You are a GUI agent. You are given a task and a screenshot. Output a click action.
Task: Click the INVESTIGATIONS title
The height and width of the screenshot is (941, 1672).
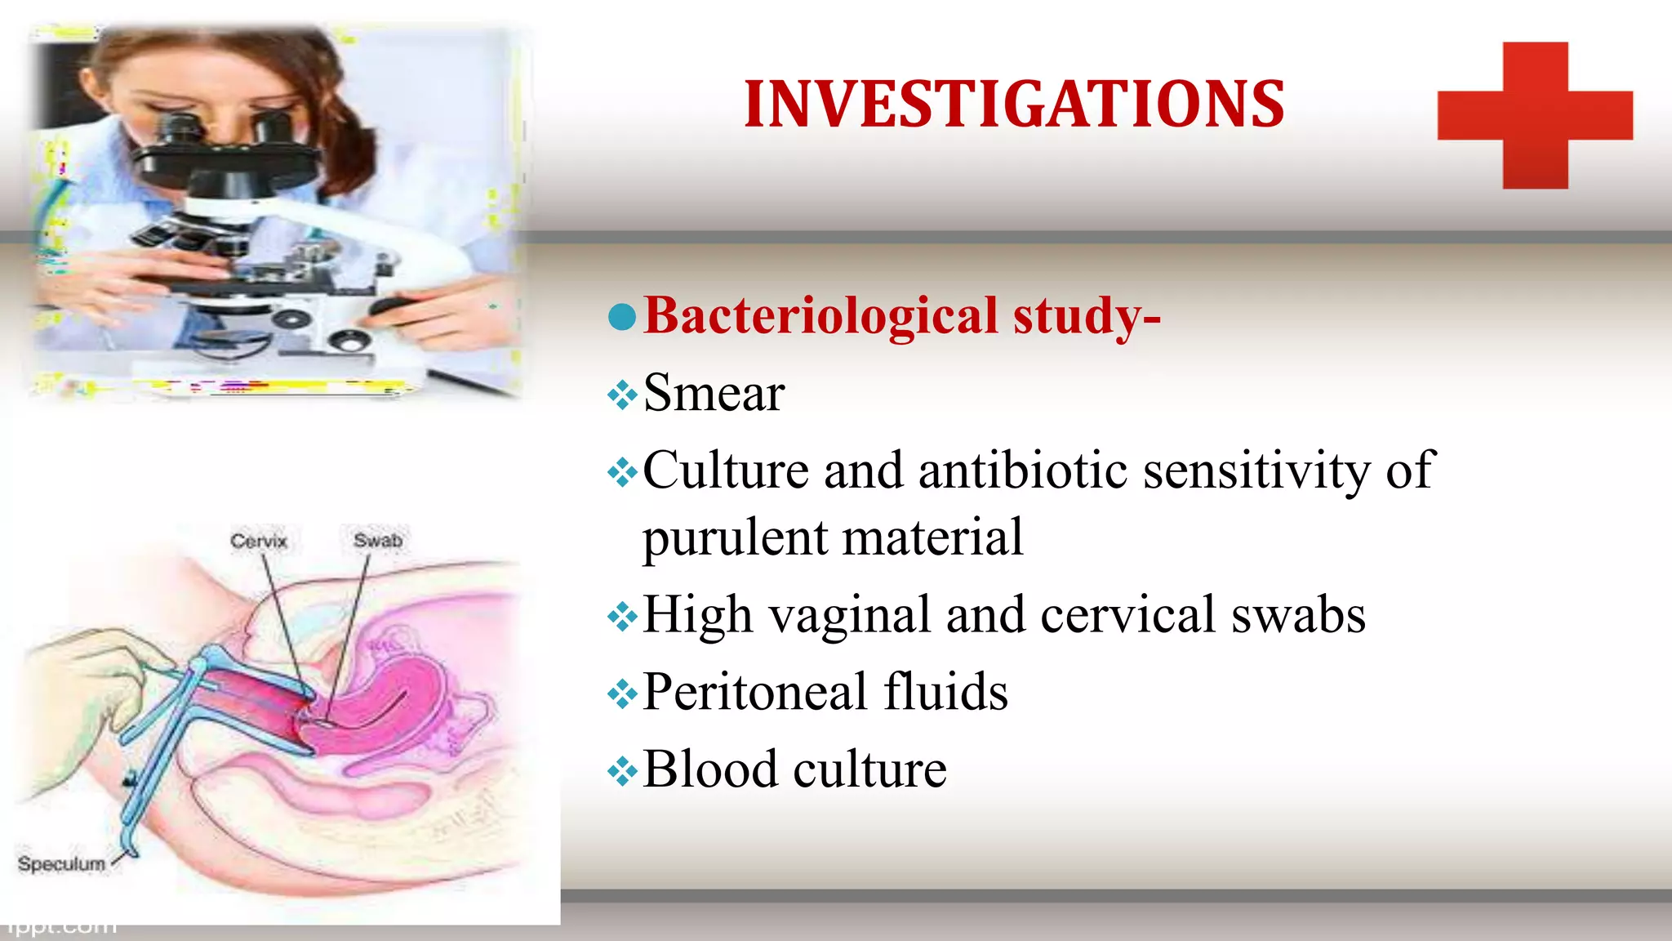tap(1014, 105)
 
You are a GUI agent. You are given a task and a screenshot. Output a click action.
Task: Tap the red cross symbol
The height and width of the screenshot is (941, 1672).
tap(1535, 115)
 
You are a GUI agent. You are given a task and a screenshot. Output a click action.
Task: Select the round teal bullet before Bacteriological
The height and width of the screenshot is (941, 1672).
tap(622, 317)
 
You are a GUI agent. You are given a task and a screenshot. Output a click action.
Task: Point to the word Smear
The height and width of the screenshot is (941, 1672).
tap(714, 393)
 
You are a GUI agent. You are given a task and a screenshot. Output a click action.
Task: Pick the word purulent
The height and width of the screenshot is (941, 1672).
tap(735, 537)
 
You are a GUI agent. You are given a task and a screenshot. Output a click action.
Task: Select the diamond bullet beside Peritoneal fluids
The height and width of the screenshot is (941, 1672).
tap(622, 694)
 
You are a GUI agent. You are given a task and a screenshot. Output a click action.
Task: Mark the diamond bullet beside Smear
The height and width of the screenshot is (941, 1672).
tap(622, 395)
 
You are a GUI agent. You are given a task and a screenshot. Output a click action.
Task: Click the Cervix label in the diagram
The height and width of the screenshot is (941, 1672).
tap(259, 541)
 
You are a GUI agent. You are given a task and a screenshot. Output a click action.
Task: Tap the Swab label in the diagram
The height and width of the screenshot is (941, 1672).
tap(378, 540)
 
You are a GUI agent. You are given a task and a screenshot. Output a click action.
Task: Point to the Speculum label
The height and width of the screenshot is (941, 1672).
tap(62, 863)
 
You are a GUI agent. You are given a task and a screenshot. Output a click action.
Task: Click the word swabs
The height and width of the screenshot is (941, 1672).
tap(1298, 614)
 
